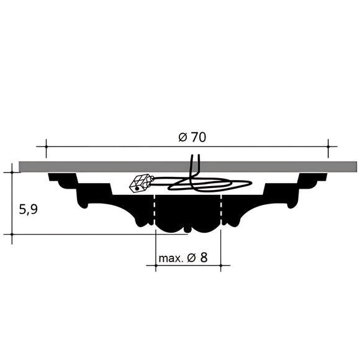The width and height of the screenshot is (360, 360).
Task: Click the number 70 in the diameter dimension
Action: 199,138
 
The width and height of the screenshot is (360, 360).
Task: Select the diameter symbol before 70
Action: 182,138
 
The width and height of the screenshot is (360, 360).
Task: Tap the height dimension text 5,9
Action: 29,209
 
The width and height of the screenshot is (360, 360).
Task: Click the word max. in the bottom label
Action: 171,258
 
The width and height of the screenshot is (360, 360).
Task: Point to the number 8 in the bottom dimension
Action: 203,257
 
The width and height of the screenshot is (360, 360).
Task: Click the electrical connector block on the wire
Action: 140,183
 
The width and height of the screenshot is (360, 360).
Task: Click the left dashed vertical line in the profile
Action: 155,211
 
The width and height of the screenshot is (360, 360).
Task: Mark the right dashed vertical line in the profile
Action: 222,211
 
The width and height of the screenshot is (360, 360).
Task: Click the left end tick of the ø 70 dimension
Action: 46,147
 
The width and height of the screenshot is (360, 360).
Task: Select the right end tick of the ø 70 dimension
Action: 328,147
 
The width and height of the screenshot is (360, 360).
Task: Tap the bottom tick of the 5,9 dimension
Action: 12,234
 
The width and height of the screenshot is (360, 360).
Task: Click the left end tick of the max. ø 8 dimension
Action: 155,266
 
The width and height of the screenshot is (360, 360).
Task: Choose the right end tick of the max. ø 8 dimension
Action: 222,266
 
